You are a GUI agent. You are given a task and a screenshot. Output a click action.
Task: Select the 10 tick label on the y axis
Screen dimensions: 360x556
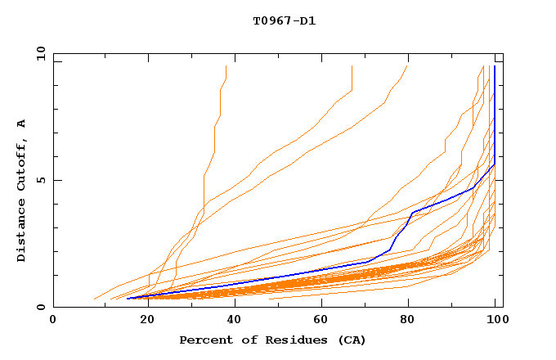coord(38,53)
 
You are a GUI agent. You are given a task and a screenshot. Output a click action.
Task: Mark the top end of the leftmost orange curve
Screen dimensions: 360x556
coord(226,66)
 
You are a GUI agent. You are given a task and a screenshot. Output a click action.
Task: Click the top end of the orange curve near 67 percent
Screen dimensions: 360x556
coord(352,66)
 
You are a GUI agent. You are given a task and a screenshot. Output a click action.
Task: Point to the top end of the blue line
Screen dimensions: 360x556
coord(494,66)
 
